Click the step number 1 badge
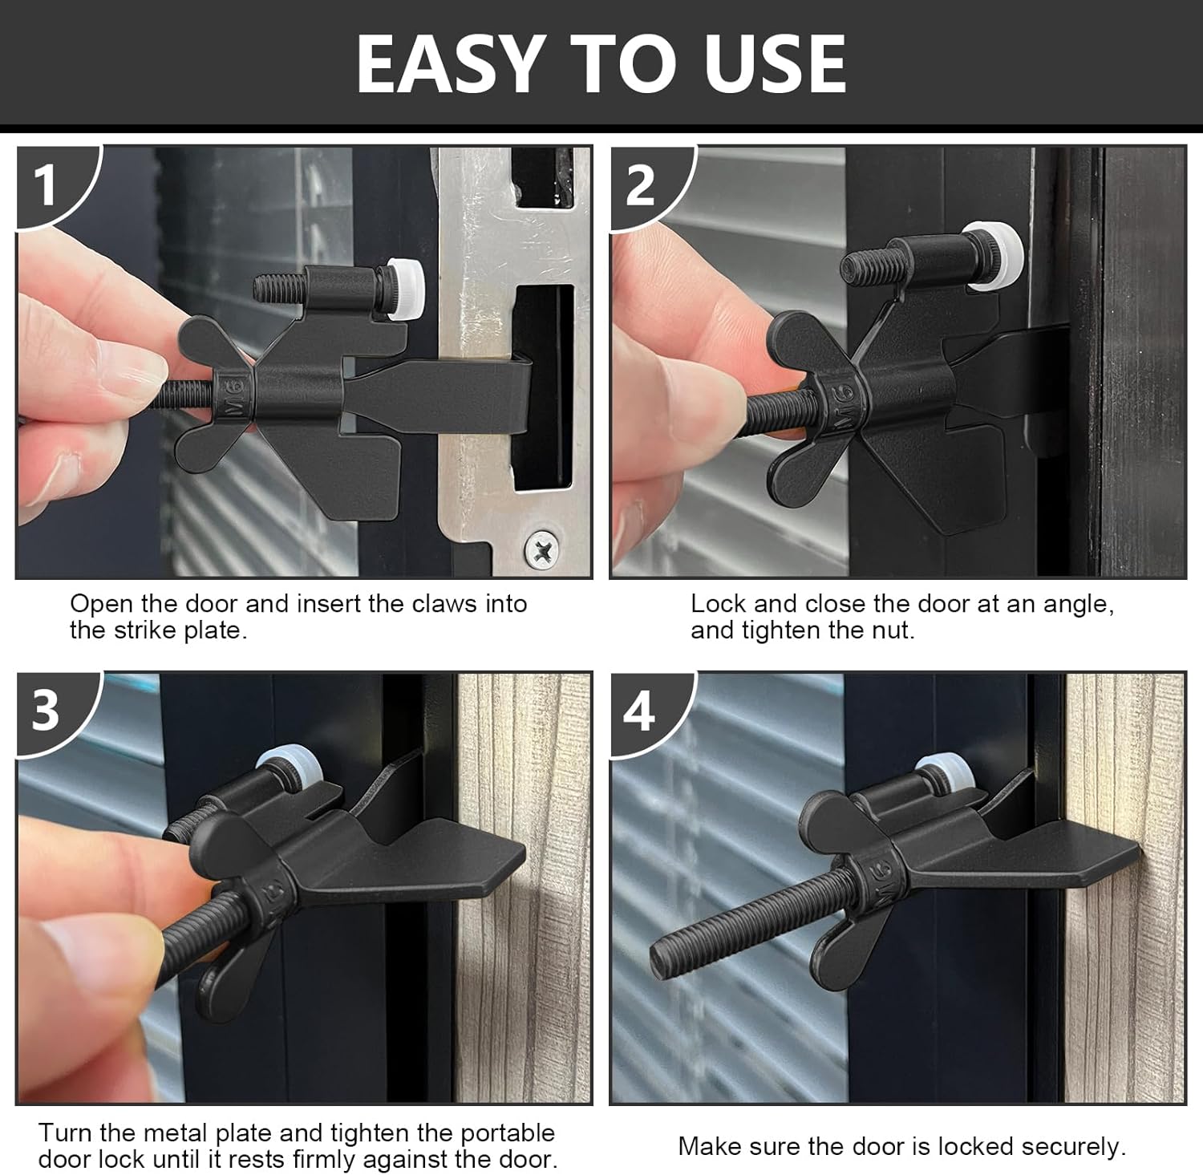click(46, 186)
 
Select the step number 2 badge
click(640, 186)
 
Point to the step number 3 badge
click(46, 710)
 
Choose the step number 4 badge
click(639, 711)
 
